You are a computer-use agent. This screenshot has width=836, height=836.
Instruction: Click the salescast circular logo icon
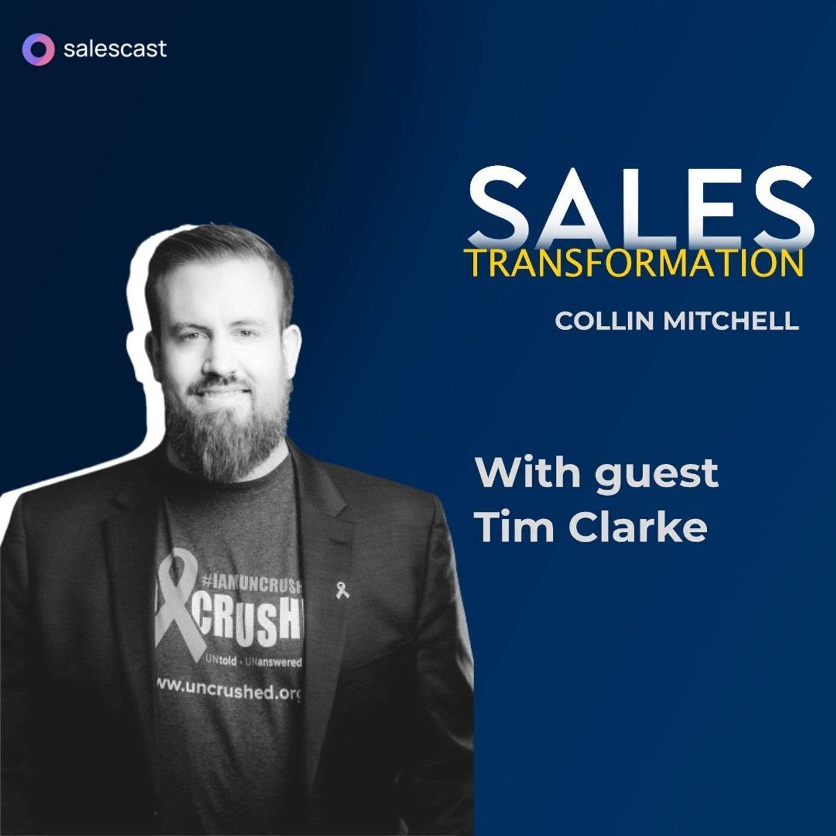[x=38, y=49]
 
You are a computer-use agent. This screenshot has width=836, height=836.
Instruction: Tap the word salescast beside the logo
[x=115, y=49]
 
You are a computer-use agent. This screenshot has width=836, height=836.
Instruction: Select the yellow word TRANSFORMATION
[x=633, y=263]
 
